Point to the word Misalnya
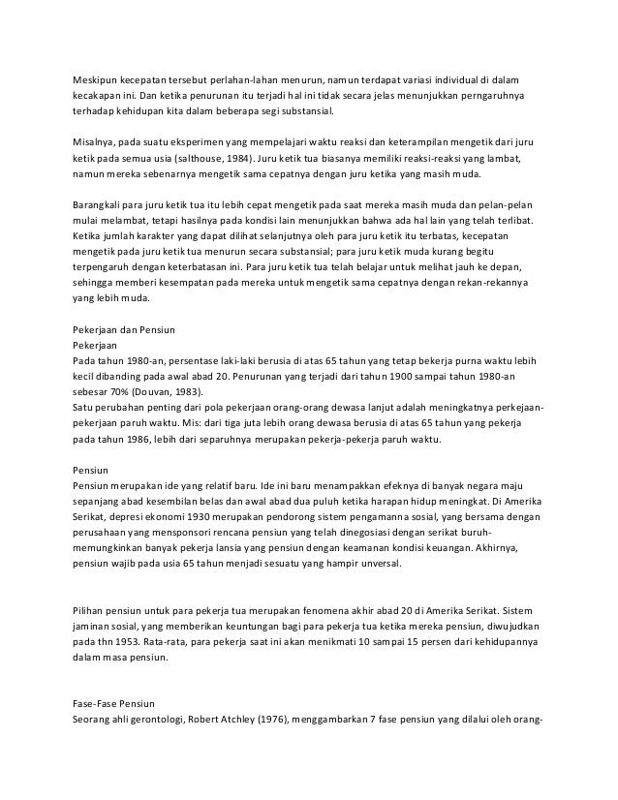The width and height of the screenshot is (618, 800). point(96,142)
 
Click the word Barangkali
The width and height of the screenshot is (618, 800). point(101,205)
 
